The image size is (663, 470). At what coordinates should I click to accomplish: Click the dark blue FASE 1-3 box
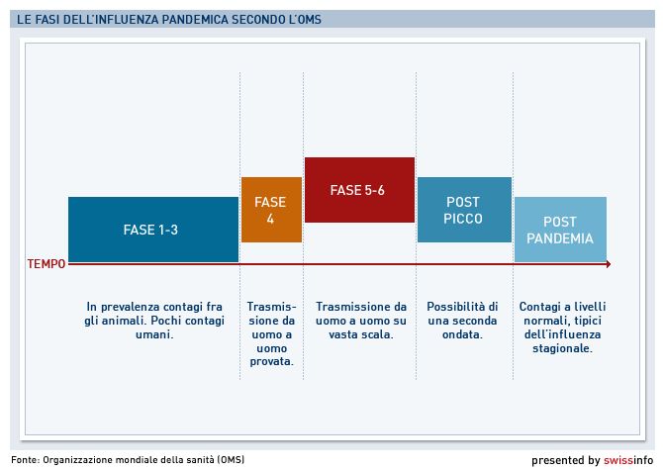[x=153, y=230]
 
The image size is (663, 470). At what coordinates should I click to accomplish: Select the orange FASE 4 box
[x=271, y=210]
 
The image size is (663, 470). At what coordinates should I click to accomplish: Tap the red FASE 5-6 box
[x=359, y=190]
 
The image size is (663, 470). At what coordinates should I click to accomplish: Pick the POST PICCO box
[x=464, y=210]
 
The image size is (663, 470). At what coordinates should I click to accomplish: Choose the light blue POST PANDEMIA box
[x=560, y=230]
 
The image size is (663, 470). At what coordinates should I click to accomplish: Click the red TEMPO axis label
[x=47, y=264]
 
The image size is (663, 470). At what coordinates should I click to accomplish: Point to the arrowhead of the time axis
[x=609, y=264]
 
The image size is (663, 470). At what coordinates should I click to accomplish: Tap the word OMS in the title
[x=309, y=20]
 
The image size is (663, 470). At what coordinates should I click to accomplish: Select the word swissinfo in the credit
[x=628, y=460]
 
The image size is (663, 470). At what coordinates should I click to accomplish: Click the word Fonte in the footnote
[x=25, y=459]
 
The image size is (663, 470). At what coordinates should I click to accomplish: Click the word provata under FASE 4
[x=271, y=362]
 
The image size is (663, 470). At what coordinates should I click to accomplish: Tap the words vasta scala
[x=361, y=334]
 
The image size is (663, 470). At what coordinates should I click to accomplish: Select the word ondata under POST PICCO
[x=462, y=334]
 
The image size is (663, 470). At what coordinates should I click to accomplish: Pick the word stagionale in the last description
[x=562, y=348]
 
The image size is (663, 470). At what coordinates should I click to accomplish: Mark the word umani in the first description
[x=154, y=334]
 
